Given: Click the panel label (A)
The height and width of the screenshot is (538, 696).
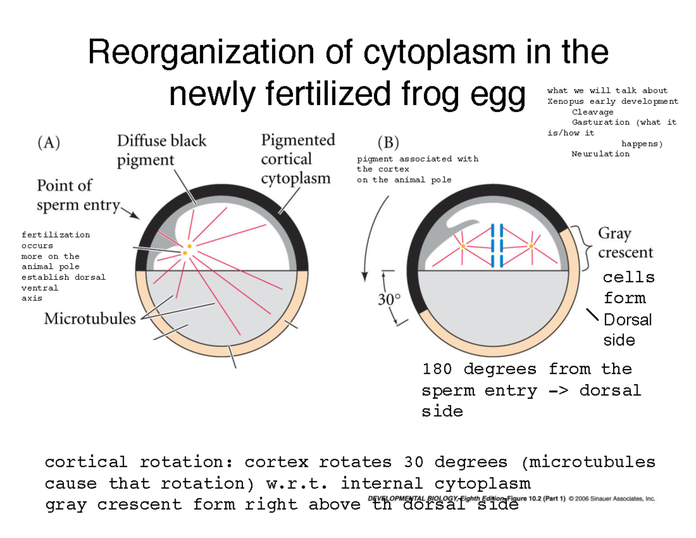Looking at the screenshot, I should pyautogui.click(x=49, y=143).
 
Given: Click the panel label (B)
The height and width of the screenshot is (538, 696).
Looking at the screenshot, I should pyautogui.click(x=388, y=142).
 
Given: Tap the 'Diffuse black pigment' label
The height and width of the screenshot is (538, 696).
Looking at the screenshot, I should pyautogui.click(x=161, y=150).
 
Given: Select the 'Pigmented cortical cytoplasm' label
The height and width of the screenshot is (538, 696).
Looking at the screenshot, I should pyautogui.click(x=298, y=158).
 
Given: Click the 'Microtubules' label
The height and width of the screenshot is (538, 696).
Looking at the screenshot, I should pyautogui.click(x=90, y=319).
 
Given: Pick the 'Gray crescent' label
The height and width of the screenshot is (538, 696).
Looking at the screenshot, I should pyautogui.click(x=625, y=243).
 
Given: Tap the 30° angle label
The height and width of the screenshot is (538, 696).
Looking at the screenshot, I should pyautogui.click(x=389, y=299).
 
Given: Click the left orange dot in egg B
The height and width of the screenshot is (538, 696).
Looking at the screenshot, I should pyautogui.click(x=463, y=247).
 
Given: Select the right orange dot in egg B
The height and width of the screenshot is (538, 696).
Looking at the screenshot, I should pyautogui.click(x=531, y=246).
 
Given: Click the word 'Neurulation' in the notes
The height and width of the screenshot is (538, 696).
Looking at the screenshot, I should pyautogui.click(x=600, y=154).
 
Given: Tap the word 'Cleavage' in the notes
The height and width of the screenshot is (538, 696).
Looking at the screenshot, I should pyautogui.click(x=592, y=111).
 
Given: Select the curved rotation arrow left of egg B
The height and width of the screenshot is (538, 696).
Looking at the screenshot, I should pyautogui.click(x=371, y=232).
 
